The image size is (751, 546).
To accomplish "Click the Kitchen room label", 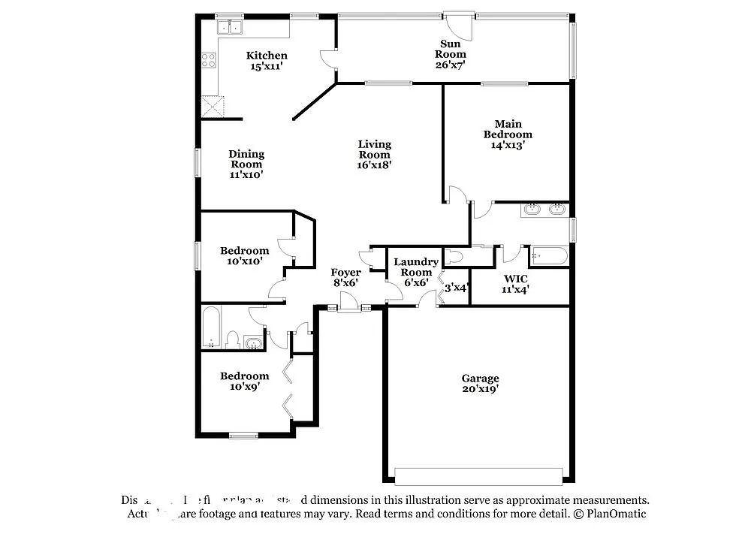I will (x=267, y=56).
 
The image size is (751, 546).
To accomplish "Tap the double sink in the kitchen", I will (x=230, y=28).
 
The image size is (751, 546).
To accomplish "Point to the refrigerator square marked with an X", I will (x=213, y=107).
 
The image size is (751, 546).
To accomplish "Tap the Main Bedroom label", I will (x=508, y=129).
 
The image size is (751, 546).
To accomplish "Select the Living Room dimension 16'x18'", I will (x=374, y=164).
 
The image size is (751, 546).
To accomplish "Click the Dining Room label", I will (x=246, y=159).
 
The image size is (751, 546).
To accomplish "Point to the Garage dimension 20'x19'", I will (x=480, y=389).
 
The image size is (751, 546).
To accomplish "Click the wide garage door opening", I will (x=478, y=476).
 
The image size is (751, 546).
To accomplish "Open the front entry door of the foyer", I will (x=348, y=303).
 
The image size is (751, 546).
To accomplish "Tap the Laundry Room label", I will (x=416, y=267).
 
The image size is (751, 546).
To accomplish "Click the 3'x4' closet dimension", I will (x=457, y=288).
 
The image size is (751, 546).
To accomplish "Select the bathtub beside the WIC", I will (x=549, y=256).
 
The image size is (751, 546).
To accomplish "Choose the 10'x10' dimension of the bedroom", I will (x=245, y=261).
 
